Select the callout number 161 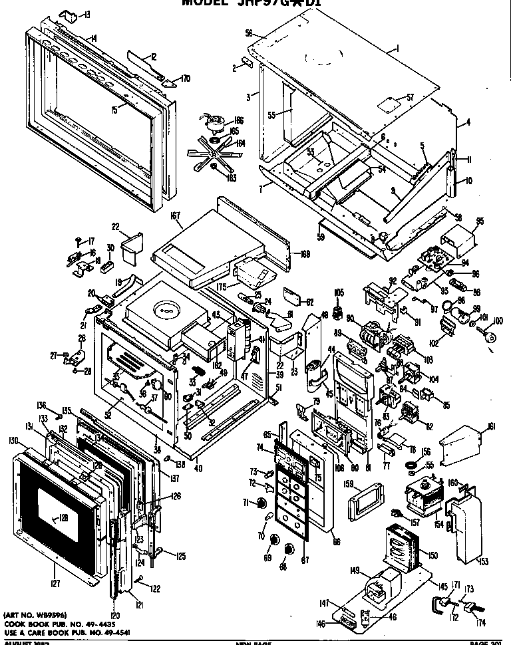[491, 426]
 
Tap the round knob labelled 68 [288, 549]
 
